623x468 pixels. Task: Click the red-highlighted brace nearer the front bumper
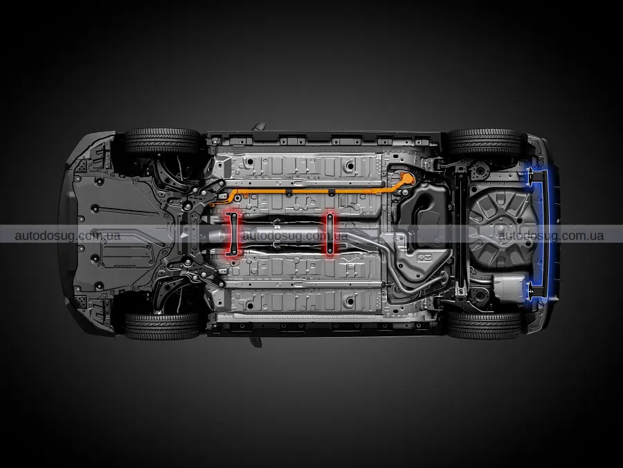pyautogui.click(x=234, y=234)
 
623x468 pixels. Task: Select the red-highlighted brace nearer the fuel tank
pyautogui.click(x=329, y=234)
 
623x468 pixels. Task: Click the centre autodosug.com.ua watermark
pyautogui.click(x=295, y=236)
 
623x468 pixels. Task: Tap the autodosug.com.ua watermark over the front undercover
pyautogui.click(x=68, y=236)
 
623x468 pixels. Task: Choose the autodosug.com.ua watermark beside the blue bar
pyautogui.click(x=551, y=236)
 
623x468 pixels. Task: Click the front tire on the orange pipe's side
pyautogui.click(x=161, y=141)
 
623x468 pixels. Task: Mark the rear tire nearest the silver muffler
pyautogui.click(x=484, y=324)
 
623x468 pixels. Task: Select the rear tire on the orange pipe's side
pyautogui.click(x=484, y=142)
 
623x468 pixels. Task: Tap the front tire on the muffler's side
pyautogui.click(x=162, y=326)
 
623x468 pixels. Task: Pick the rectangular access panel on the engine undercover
pyautogui.click(x=127, y=254)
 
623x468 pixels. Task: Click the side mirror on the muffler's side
pyautogui.click(x=256, y=341)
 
